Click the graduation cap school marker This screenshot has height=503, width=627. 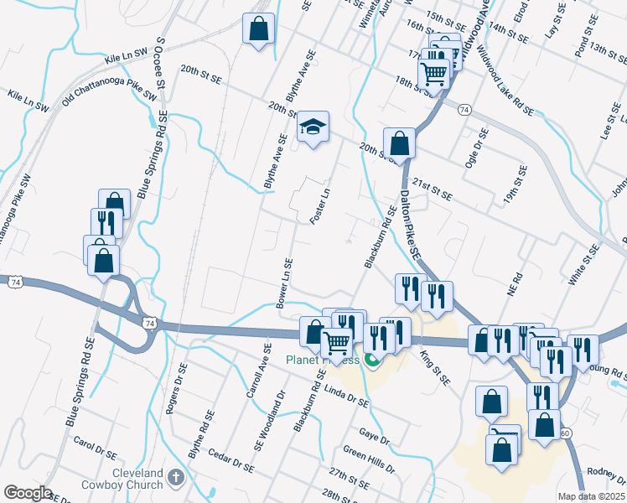coord(313,127)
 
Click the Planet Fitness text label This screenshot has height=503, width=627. coord(323,360)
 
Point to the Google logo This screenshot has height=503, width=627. coord(27,493)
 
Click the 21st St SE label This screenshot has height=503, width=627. coord(432,189)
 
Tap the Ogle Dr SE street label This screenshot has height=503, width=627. coord(479,147)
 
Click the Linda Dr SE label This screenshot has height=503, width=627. coord(346,397)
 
